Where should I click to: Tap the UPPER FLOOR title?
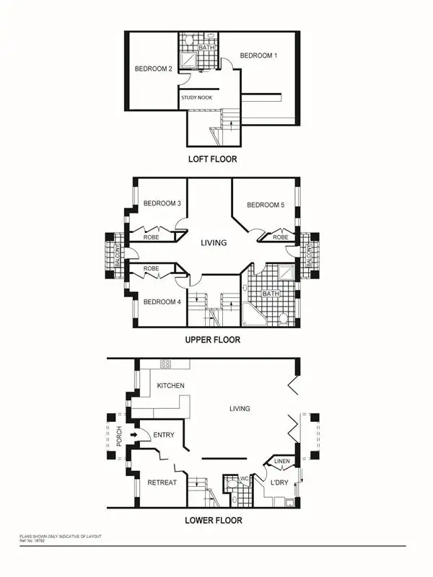click(x=211, y=339)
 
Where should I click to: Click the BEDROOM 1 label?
click(x=258, y=56)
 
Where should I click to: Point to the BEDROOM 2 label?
click(x=153, y=69)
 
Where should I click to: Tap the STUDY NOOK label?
click(x=196, y=95)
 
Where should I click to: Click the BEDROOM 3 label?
click(x=162, y=204)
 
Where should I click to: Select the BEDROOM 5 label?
click(x=266, y=206)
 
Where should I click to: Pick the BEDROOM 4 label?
click(x=162, y=301)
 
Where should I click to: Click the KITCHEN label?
click(x=170, y=386)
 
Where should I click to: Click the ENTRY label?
click(x=165, y=435)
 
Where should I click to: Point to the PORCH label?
click(x=120, y=436)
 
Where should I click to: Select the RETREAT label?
click(x=162, y=482)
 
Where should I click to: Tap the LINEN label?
click(x=283, y=462)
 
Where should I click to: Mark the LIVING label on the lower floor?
click(x=240, y=409)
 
